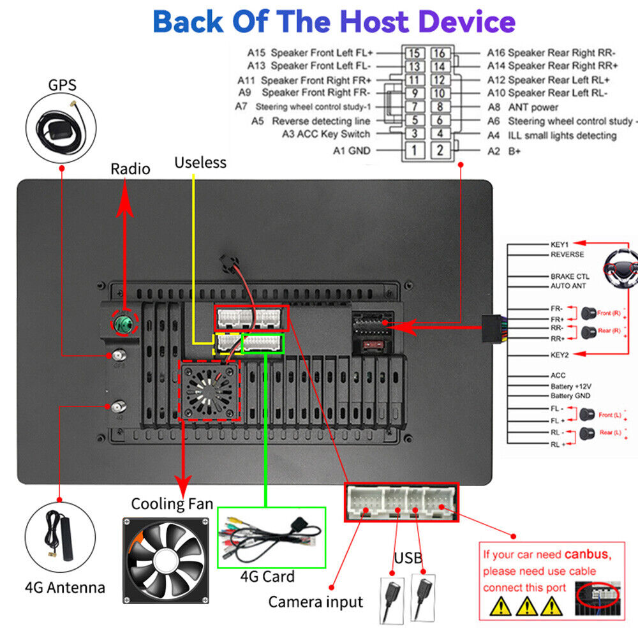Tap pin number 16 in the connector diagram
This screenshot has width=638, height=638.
pyautogui.click(x=438, y=53)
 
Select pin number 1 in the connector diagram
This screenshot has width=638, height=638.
pyautogui.click(x=414, y=151)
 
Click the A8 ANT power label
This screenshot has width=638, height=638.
pyautogui.click(x=523, y=107)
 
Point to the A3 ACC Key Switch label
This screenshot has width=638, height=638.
pyautogui.click(x=325, y=134)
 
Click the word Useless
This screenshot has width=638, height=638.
pyautogui.click(x=200, y=163)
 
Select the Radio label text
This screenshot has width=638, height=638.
pyautogui.click(x=130, y=169)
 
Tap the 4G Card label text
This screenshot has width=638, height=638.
pyautogui.click(x=267, y=577)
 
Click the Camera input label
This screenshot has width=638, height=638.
pyautogui.click(x=315, y=602)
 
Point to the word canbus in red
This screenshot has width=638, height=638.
pyautogui.click(x=586, y=554)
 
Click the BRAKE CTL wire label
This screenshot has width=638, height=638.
pyautogui.click(x=570, y=277)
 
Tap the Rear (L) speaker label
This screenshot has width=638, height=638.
pyautogui.click(x=610, y=433)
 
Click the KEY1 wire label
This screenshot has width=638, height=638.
pyautogui.click(x=559, y=244)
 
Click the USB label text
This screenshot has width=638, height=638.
pyautogui.click(x=408, y=559)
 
